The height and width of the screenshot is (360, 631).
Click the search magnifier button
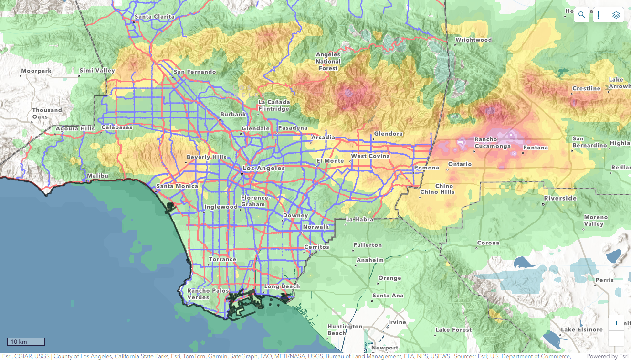point(581,15)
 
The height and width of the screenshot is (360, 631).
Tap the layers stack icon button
point(616,15)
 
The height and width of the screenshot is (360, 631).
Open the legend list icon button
point(601,15)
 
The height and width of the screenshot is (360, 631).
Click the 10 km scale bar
point(26,342)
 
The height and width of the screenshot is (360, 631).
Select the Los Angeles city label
point(264,169)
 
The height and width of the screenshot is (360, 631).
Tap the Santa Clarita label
point(154,17)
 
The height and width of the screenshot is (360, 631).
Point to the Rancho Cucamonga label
point(493,143)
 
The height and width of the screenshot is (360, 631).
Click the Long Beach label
point(282,286)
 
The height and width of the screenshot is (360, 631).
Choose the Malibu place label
point(97,176)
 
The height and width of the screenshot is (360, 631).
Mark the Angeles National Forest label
point(328,61)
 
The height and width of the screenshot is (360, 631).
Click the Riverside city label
point(561,198)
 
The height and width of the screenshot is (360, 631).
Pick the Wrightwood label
point(473,40)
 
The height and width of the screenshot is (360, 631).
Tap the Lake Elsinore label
point(582,330)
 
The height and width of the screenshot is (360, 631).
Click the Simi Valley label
point(97,71)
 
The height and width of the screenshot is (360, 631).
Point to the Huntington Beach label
point(345,329)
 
